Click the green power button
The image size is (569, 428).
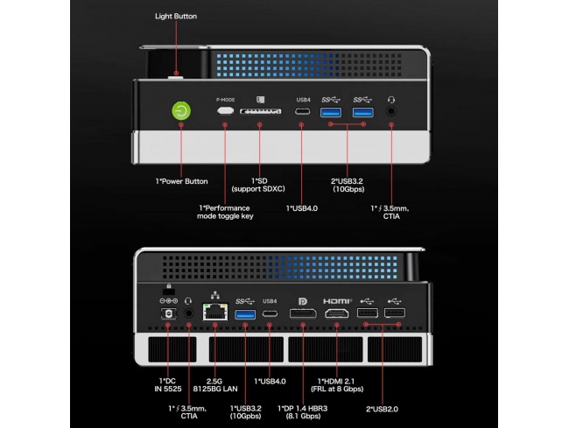coord(180,111)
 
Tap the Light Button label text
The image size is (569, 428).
coord(176,16)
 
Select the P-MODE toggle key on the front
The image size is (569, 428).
coord(225,111)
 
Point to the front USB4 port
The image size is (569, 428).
coord(301,111)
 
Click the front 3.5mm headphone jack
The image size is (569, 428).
coord(390,111)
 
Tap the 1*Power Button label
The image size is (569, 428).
coord(181,181)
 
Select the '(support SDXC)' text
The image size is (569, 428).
coord(262,188)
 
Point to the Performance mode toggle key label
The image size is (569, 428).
coord(226,212)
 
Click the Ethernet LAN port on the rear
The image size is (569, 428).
coord(214,312)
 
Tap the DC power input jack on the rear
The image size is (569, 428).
coord(163,313)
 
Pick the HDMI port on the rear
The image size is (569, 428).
coord(337,313)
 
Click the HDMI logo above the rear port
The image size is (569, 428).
coord(337,300)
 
